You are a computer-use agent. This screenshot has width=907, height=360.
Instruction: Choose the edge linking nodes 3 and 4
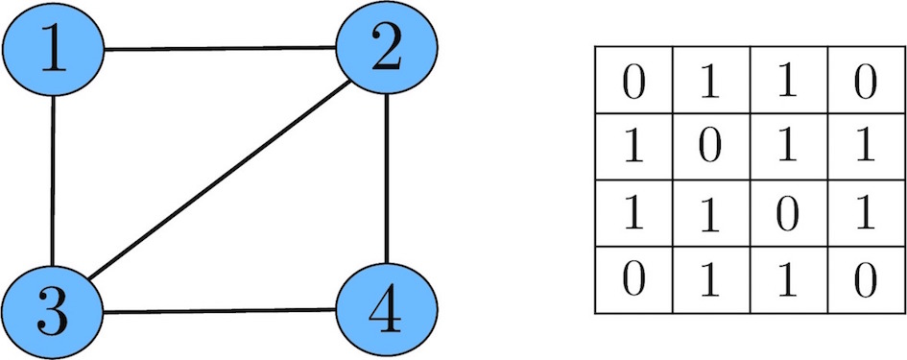coord(219,310)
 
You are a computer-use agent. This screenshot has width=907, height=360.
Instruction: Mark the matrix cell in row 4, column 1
coord(633,280)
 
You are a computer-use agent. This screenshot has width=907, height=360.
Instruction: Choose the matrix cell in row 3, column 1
coord(633,214)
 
